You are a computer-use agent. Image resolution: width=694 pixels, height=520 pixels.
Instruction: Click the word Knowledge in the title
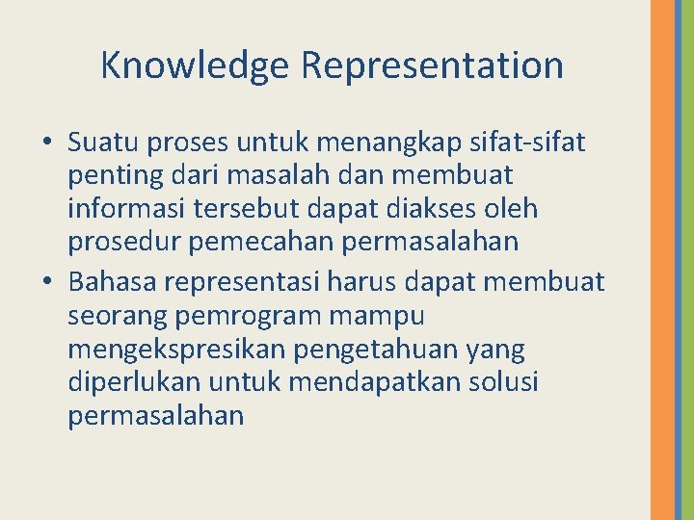pyautogui.click(x=196, y=65)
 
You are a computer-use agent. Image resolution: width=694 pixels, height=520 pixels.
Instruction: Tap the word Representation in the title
pyautogui.click(x=432, y=65)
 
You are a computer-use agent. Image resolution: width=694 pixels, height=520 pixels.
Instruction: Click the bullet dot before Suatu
pyautogui.click(x=47, y=143)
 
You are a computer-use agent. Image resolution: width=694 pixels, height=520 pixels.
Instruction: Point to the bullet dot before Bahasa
pyautogui.click(x=47, y=282)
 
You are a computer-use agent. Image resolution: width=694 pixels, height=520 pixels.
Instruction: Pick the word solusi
pyautogui.click(x=500, y=382)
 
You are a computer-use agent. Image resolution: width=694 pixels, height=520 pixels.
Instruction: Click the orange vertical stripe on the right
pyautogui.click(x=662, y=260)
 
